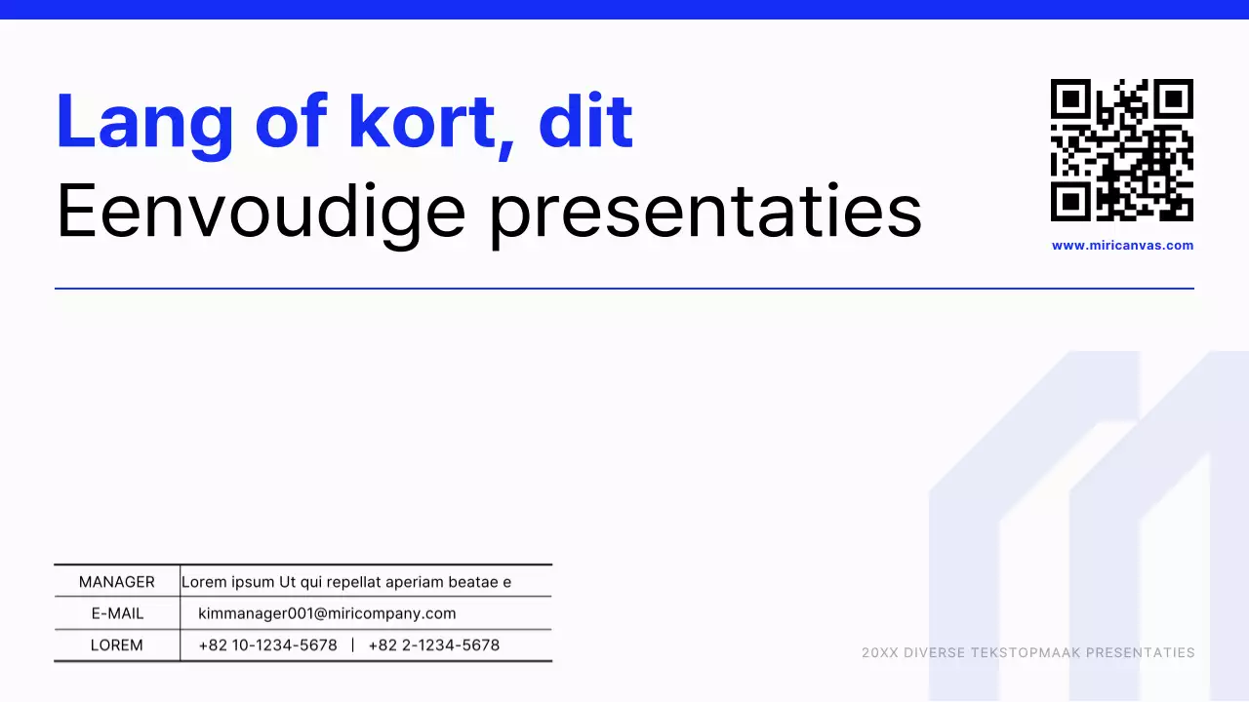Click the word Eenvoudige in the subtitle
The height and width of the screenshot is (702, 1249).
point(261,212)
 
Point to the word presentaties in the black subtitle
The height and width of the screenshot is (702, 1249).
point(705,212)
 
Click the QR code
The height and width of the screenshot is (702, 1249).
point(1122,150)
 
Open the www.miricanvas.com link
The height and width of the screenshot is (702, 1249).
point(1122,246)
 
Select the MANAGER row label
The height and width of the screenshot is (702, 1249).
point(117,582)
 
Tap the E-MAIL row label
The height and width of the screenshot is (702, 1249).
point(117,613)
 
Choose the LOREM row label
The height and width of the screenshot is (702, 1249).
point(117,645)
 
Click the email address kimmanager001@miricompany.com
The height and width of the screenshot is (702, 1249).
point(327,613)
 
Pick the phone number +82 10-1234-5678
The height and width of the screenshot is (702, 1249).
point(267,645)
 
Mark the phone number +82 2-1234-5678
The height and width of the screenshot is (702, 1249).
point(434,645)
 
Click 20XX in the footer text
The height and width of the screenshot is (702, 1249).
point(879,653)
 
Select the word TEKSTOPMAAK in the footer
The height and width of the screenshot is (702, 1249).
point(1025,653)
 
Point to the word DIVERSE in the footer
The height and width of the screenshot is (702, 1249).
point(934,653)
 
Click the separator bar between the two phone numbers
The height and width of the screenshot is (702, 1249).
point(352,645)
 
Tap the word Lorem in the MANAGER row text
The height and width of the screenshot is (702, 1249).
point(203,582)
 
